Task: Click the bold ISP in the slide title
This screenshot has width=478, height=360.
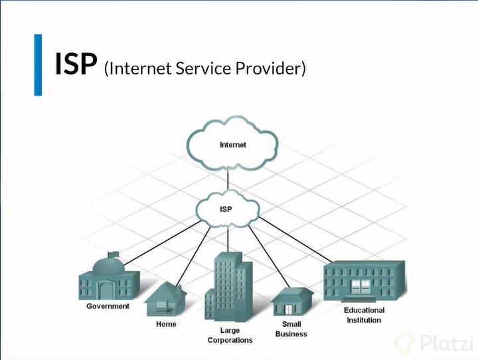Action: point(76,64)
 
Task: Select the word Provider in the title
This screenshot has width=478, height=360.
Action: point(268,68)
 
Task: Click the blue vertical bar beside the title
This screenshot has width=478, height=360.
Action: point(38,65)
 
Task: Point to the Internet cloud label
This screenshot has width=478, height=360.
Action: point(233,145)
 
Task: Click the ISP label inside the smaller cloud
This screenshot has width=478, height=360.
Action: point(226,209)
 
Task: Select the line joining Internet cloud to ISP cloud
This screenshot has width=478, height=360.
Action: point(228,179)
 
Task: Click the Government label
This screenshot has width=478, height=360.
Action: point(108,306)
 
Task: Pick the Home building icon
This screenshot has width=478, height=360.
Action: point(165,300)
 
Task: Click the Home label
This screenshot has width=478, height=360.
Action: point(166,324)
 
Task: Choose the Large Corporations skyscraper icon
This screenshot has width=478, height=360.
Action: point(228,287)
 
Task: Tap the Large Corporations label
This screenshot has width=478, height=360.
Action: point(230,335)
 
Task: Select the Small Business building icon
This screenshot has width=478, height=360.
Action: point(292,302)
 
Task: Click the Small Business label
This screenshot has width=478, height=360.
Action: point(291,329)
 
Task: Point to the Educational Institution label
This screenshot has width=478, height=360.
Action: point(364,315)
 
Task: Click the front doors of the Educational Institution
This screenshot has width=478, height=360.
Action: point(360,287)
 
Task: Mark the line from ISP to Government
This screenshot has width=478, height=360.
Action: point(163,243)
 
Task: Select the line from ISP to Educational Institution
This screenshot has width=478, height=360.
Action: point(295,240)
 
